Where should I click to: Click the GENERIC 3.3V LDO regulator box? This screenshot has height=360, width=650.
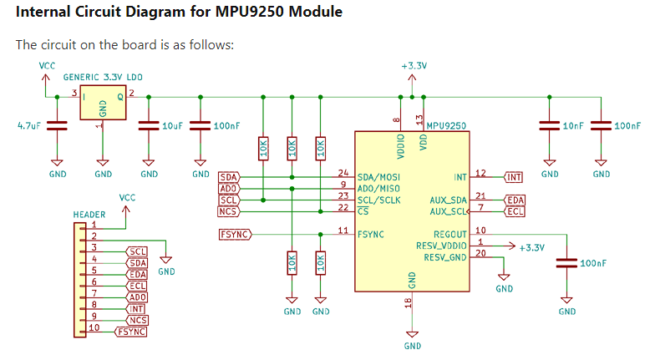(x=103, y=106)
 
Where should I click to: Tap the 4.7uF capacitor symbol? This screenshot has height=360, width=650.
(x=57, y=126)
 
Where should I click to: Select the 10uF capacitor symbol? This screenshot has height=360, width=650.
(x=149, y=126)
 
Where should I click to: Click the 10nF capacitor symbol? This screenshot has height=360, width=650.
(x=550, y=126)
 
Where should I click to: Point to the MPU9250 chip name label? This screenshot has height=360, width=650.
(x=446, y=125)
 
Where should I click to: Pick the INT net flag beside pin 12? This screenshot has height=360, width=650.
(x=514, y=177)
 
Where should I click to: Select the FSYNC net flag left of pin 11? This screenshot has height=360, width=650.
(x=235, y=234)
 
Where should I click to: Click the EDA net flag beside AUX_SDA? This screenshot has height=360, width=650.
(x=515, y=200)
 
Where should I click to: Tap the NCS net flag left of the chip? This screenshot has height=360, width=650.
(x=228, y=212)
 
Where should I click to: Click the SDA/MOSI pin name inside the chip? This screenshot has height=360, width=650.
(x=378, y=177)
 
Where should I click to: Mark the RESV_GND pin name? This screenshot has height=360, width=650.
(x=445, y=257)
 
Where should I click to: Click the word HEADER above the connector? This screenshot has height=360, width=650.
(x=89, y=215)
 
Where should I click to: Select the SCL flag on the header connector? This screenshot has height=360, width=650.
(x=138, y=252)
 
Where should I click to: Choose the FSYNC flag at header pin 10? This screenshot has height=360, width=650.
(x=132, y=332)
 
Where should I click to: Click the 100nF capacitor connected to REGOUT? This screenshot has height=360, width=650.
(x=567, y=263)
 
